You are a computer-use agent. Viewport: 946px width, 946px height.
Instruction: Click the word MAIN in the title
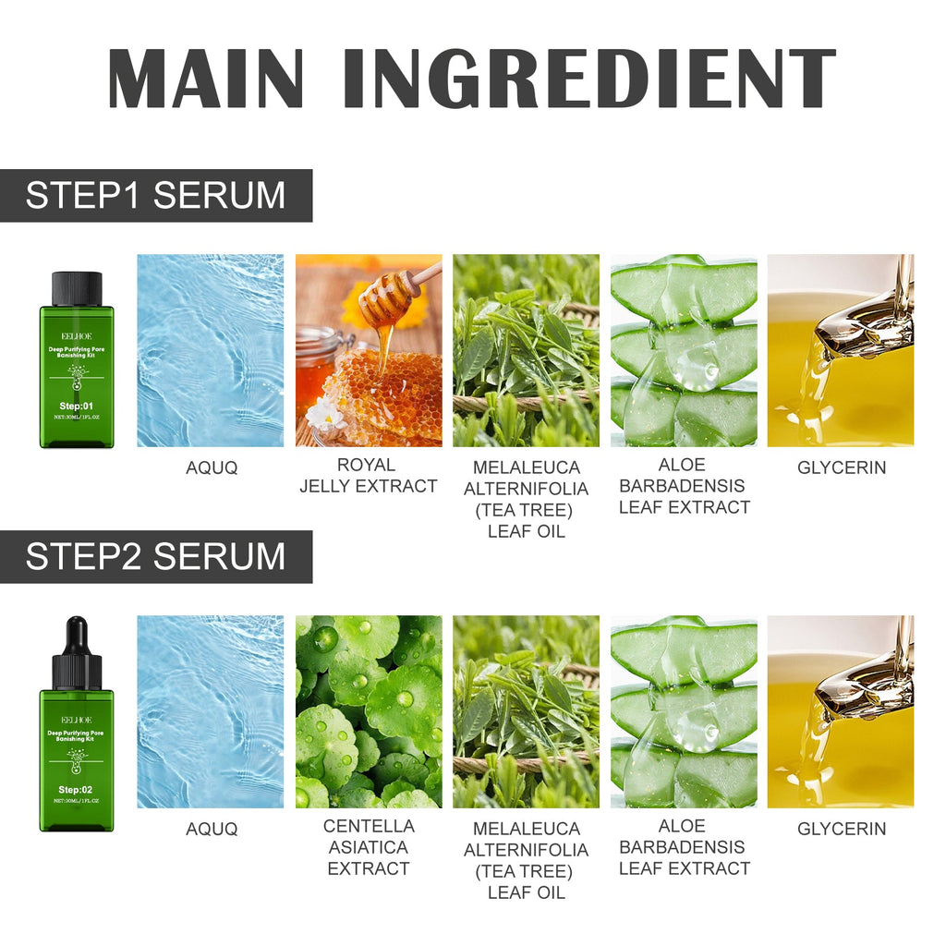click(206, 78)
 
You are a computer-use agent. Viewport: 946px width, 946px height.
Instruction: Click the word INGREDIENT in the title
click(588, 78)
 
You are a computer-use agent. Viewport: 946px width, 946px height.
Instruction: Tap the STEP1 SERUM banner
click(155, 196)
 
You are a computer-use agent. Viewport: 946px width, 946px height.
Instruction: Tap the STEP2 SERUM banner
click(155, 557)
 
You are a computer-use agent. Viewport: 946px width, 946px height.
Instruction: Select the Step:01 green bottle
click(77, 370)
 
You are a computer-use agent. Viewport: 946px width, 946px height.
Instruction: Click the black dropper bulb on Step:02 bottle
click(77, 633)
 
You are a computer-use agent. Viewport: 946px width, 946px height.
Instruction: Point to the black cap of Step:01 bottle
click(77, 288)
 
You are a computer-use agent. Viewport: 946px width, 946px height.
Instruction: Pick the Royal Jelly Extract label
click(368, 476)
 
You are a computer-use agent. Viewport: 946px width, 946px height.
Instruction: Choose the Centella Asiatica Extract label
click(368, 847)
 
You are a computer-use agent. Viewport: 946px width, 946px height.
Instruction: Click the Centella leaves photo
click(368, 711)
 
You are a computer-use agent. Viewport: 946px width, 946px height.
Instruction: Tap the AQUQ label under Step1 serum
click(212, 468)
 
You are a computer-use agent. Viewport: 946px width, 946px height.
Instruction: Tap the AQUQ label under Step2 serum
click(212, 830)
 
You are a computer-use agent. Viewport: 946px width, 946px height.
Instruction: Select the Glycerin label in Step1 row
click(841, 468)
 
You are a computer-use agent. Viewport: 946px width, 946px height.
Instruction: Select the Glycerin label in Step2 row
click(841, 830)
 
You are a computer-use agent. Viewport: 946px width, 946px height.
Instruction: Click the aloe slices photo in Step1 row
click(684, 351)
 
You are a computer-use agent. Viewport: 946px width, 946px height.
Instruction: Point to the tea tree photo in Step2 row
click(526, 711)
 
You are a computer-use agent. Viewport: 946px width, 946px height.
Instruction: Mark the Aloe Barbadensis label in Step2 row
click(684, 847)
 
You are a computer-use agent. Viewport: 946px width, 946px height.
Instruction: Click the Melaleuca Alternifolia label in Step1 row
click(526, 500)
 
